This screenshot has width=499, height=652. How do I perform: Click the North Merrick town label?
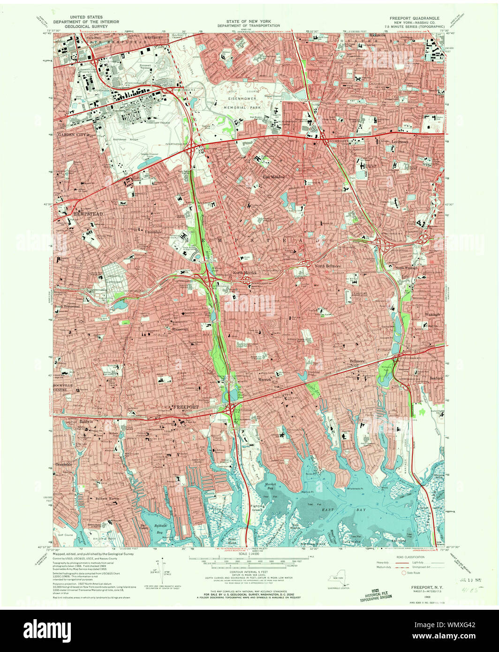point(243,273)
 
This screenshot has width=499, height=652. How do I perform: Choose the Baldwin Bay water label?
point(161,530)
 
